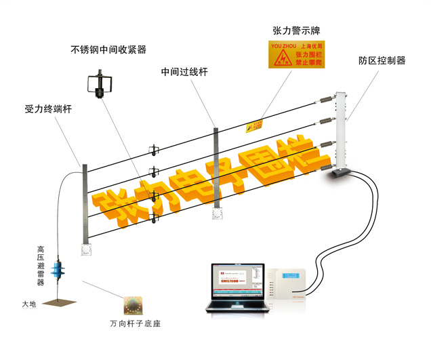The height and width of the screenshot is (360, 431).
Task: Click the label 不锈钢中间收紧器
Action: tap(108, 49)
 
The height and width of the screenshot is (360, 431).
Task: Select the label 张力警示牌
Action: tap(297, 31)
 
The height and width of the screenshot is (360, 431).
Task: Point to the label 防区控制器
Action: tap(382, 60)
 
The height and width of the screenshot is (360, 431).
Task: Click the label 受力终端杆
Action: tap(48, 108)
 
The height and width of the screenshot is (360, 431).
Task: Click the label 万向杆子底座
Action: tap(136, 323)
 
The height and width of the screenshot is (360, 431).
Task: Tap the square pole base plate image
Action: tap(135, 304)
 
